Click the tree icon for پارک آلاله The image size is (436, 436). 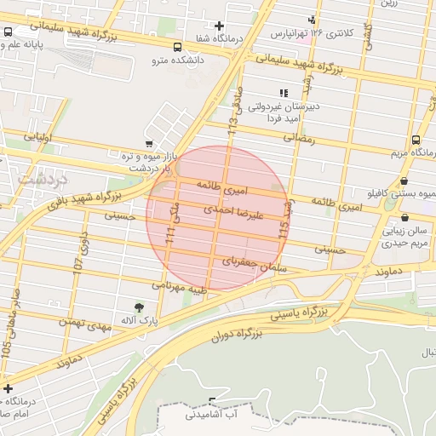tap(139, 307)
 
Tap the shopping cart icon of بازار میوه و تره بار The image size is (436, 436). tap(150, 144)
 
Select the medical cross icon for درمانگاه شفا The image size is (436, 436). tap(220, 26)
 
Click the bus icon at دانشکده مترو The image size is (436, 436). tap(177, 48)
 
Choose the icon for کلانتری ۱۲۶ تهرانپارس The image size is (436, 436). tap(313, 19)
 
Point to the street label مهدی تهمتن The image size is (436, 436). tap(86, 322)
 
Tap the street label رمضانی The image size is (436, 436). tap(299, 136)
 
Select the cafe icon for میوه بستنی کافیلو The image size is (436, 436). tap(403, 181)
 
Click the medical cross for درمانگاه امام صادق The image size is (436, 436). tap(8, 388)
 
